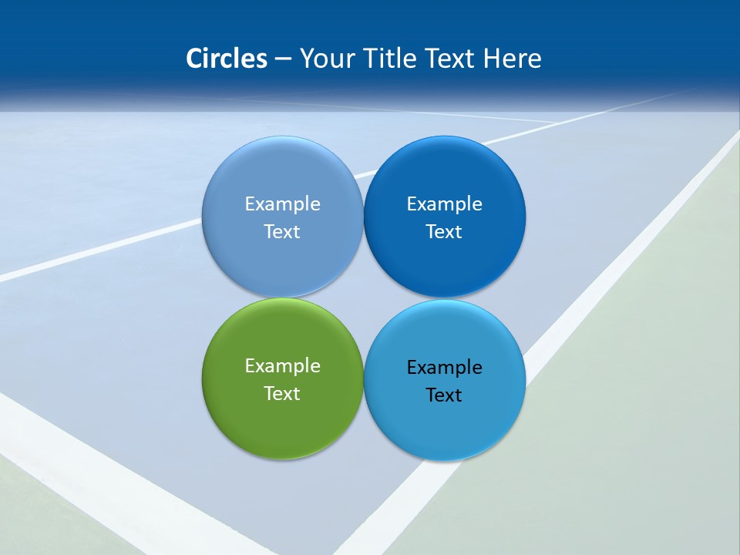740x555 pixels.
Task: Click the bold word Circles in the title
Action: (226, 59)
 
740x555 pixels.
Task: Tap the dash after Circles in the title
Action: (283, 59)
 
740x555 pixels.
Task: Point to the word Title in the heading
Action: (391, 59)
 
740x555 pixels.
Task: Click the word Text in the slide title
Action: (452, 59)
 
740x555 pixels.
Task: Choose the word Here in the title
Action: (512, 59)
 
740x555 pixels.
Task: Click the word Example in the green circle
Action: (282, 366)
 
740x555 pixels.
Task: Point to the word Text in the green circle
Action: (282, 393)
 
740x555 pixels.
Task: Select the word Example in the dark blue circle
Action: (445, 204)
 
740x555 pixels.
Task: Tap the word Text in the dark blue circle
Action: (445, 231)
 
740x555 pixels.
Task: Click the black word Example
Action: (445, 368)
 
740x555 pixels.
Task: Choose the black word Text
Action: (445, 395)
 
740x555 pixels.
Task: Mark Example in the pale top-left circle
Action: (282, 204)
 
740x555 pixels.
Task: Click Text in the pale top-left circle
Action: (282, 231)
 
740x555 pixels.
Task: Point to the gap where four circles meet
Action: (363, 298)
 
